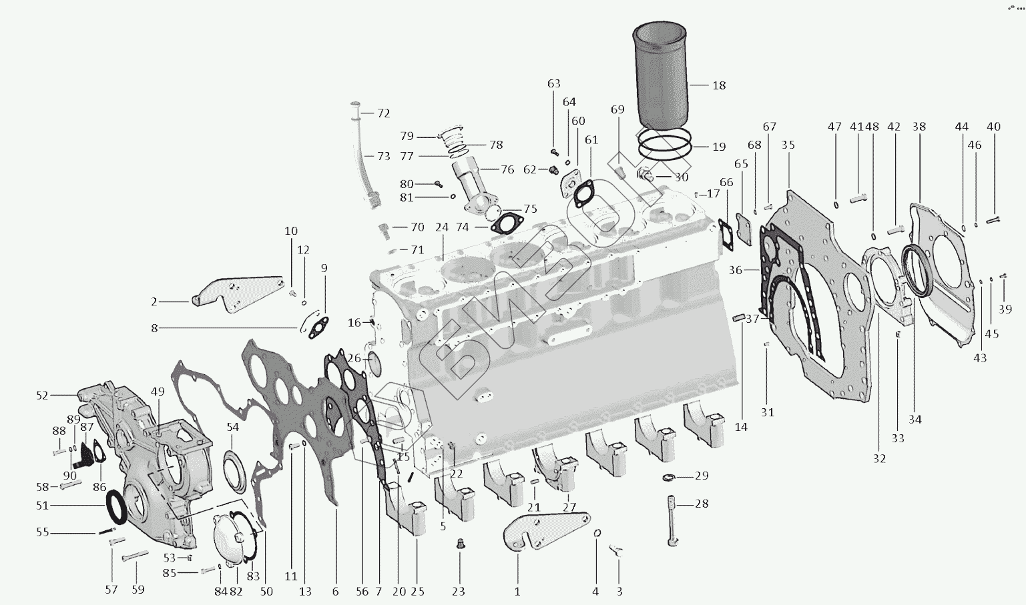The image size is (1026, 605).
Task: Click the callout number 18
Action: pyautogui.click(x=719, y=85)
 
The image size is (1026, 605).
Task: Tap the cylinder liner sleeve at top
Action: pyautogui.click(x=661, y=73)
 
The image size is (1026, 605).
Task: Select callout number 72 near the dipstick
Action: pyautogui.click(x=383, y=113)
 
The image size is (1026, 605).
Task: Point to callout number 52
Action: pyautogui.click(x=43, y=396)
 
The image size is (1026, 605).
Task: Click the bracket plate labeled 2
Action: pyautogui.click(x=234, y=293)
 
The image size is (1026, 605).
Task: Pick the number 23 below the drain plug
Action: pyautogui.click(x=459, y=591)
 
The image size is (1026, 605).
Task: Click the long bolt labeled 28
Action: pyautogui.click(x=672, y=520)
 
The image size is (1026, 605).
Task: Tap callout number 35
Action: pyautogui.click(x=788, y=145)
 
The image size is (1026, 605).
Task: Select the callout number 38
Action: pyautogui.click(x=919, y=127)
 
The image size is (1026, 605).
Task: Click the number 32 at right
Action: pyautogui.click(x=879, y=458)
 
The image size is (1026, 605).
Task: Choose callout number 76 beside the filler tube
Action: pyautogui.click(x=507, y=169)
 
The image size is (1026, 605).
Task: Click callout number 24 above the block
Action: pyautogui.click(x=442, y=227)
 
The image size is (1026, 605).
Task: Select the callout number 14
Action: pyautogui.click(x=741, y=427)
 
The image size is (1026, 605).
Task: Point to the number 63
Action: pyautogui.click(x=554, y=84)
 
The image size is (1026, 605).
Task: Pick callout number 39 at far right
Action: pyautogui.click(x=1005, y=310)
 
